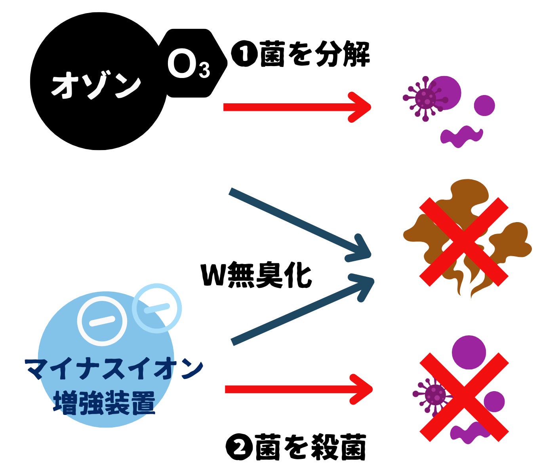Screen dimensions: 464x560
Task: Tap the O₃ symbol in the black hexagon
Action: coord(189,65)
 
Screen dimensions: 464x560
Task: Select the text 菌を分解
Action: coord(315,54)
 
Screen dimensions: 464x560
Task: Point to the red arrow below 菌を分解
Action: coord(297,107)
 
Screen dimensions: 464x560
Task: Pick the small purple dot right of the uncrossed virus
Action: coord(484,105)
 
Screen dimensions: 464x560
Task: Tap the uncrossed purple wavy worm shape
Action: coord(461,136)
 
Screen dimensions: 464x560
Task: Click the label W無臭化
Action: coord(257,274)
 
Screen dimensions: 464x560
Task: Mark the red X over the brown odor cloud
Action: coord(464,242)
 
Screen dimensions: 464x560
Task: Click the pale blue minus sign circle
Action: coord(157,308)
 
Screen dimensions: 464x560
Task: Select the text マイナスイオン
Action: coord(114,369)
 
